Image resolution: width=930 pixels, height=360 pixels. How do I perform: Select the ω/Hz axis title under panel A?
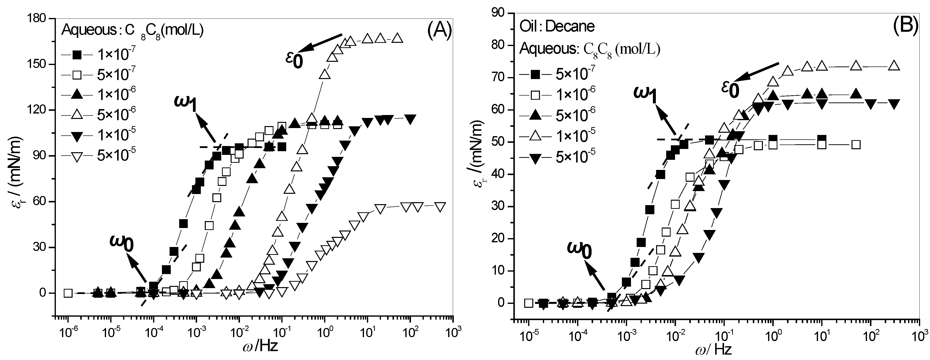[x=261, y=347]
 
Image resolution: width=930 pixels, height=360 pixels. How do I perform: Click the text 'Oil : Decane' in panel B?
[x=557, y=26]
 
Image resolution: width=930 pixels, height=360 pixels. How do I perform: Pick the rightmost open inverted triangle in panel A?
[x=440, y=207]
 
